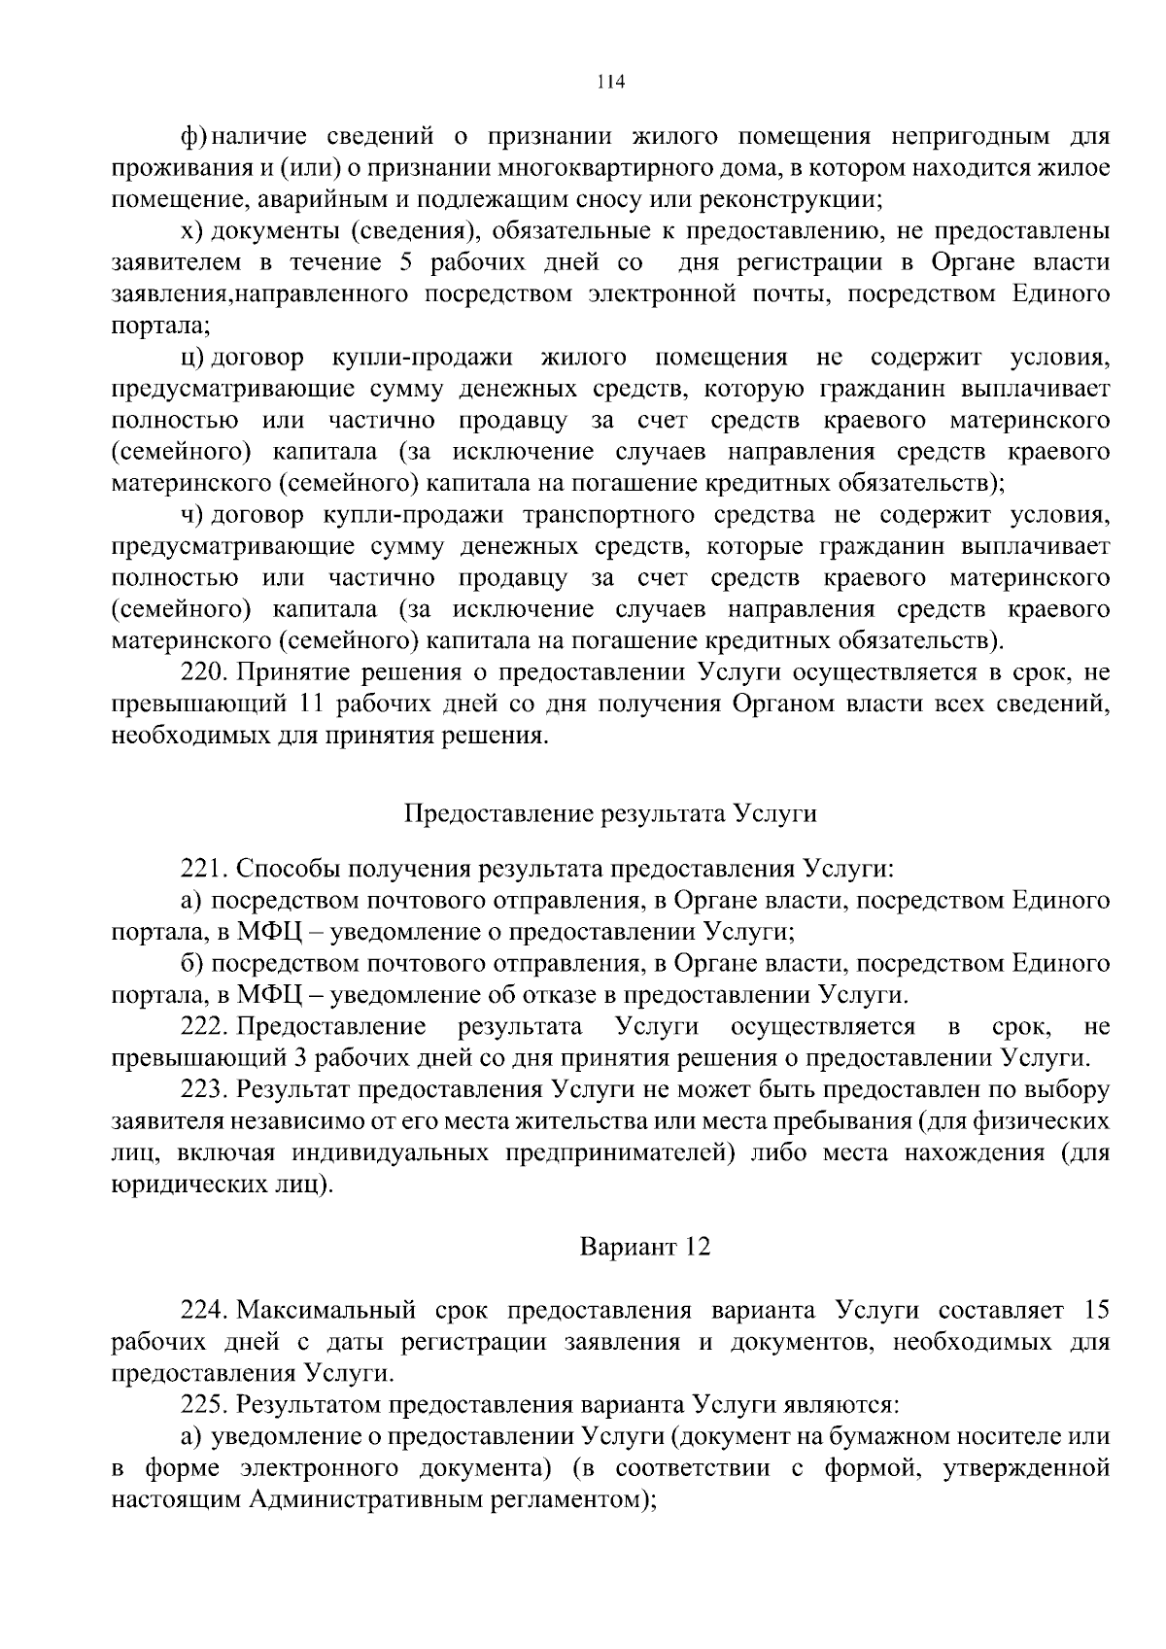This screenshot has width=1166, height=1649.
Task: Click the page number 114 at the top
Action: coord(610,82)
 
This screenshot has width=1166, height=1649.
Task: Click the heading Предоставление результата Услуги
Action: coord(610,813)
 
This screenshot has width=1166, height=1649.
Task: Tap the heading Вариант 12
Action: coord(645,1246)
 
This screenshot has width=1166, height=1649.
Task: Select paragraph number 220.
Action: coord(204,672)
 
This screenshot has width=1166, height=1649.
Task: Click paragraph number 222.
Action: coord(204,1026)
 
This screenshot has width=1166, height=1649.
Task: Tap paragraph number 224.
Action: coord(204,1310)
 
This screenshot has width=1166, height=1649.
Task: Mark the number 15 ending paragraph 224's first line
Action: coord(1096,1310)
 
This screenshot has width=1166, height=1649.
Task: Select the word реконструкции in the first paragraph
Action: coord(785,200)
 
